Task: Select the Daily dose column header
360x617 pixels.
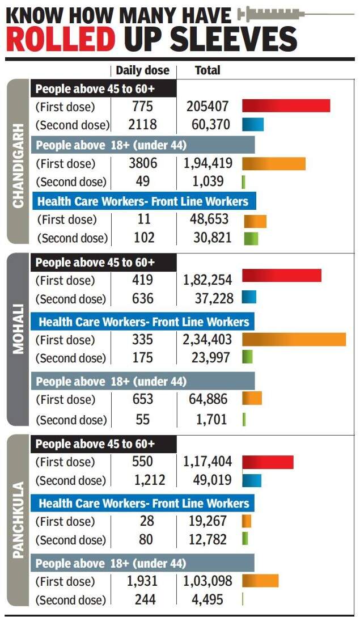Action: [x=142, y=70]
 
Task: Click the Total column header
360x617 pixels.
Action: [x=207, y=70]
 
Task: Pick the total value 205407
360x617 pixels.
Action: [x=208, y=106]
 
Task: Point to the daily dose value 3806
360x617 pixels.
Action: [x=142, y=163]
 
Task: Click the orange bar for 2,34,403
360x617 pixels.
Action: [x=294, y=340]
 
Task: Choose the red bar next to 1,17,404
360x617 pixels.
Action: [x=268, y=462]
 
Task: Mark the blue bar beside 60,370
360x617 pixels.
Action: [x=253, y=125]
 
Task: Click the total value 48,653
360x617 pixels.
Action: [x=208, y=219]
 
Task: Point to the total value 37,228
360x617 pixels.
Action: [x=208, y=298]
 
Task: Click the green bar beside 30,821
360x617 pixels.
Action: [x=251, y=238]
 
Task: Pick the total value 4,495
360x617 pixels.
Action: [x=208, y=599]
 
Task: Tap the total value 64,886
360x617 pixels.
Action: [x=208, y=399]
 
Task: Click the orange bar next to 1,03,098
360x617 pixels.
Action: [x=260, y=581]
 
